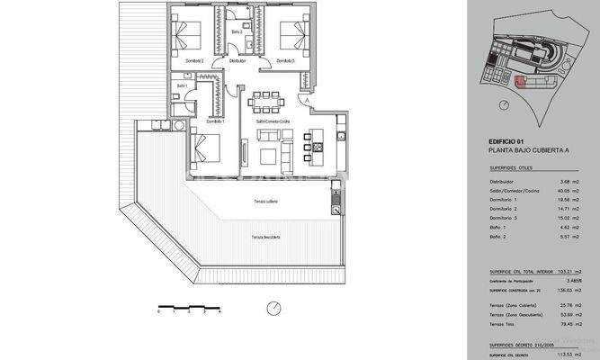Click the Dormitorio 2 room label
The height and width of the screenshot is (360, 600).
click(194, 60)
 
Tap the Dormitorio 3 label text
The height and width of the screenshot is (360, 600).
click(285, 60)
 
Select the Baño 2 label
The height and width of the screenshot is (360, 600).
click(237, 32)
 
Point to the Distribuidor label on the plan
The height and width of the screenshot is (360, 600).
click(237, 60)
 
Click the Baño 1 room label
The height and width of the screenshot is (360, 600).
click(181, 85)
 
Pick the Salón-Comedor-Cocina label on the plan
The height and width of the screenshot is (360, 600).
click(272, 121)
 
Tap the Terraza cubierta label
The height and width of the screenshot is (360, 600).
click(265, 202)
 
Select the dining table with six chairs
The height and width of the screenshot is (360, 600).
click(268, 97)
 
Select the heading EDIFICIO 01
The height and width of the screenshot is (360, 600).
click(506, 141)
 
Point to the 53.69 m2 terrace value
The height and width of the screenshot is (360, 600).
click(567, 315)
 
